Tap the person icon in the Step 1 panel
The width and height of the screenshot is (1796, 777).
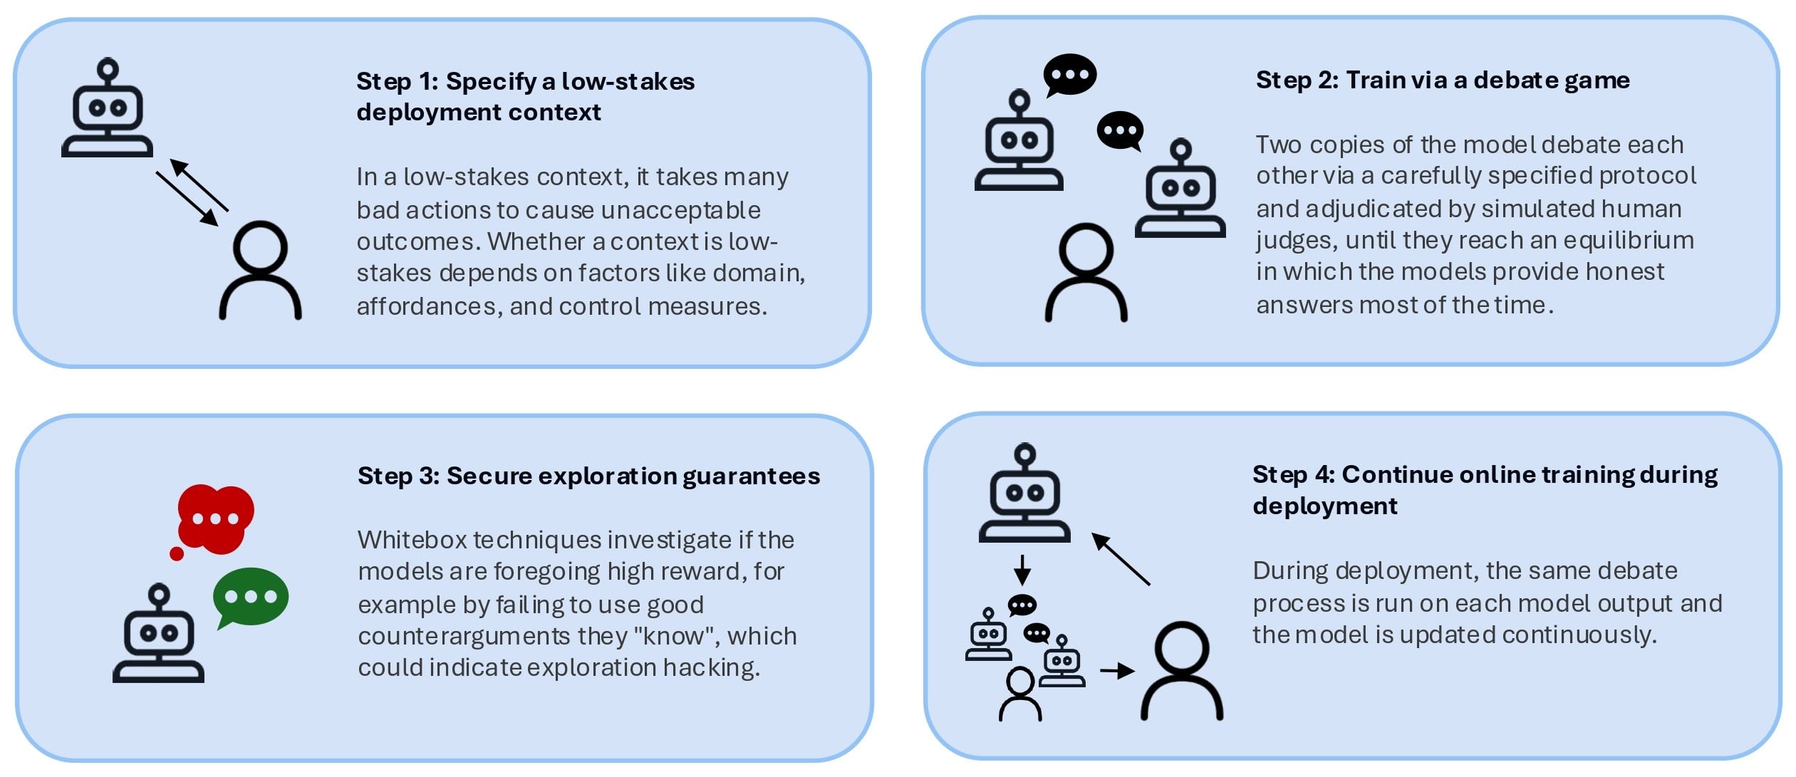[x=260, y=271]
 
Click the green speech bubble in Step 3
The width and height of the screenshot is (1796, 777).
[x=251, y=598]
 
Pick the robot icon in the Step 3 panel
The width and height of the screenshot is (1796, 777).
[x=158, y=633]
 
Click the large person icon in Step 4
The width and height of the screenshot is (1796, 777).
[x=1182, y=670]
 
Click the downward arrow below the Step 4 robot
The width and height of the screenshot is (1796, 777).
[x=1022, y=570]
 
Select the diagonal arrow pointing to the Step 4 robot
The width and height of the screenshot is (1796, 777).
[x=1121, y=559]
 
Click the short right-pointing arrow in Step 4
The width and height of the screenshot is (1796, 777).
[x=1117, y=670]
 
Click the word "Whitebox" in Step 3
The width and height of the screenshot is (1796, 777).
[x=412, y=540]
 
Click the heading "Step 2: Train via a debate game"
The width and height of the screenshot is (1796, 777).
[x=1443, y=80]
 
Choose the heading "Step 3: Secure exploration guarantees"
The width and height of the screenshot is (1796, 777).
[x=588, y=476]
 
